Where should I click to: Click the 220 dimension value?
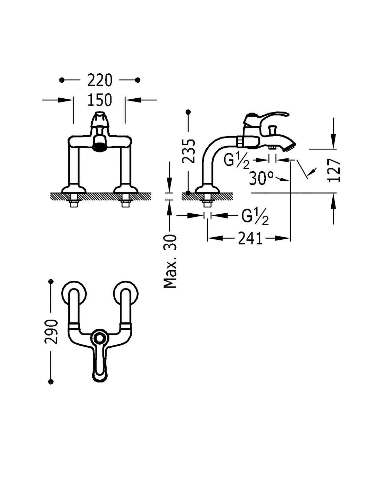pyautogui.click(x=100, y=81)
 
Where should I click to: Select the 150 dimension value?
pyautogui.click(x=100, y=100)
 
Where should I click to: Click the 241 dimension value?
pyautogui.click(x=250, y=238)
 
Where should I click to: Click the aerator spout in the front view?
pyautogui.click(x=100, y=146)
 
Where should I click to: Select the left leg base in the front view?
pyautogui.click(x=73, y=189)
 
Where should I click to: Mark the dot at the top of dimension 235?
pyautogui.click(x=189, y=112)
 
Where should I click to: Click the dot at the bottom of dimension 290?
pyautogui.click(x=51, y=382)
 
